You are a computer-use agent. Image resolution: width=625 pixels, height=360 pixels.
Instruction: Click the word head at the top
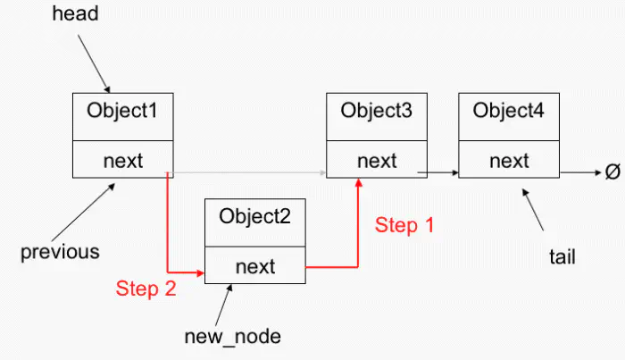click(77, 14)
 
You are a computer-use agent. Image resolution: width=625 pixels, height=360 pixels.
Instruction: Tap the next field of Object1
click(122, 161)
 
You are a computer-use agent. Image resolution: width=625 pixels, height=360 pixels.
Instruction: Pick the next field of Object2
click(255, 265)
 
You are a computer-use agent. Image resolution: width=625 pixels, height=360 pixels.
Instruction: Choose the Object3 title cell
click(376, 113)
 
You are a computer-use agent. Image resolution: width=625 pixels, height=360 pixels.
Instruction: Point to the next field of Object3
click(376, 161)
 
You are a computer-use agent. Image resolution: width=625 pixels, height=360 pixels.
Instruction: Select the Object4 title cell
click(509, 113)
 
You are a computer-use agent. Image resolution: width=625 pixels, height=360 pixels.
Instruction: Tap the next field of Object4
click(509, 161)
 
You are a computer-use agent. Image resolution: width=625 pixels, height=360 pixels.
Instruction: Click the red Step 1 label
click(404, 225)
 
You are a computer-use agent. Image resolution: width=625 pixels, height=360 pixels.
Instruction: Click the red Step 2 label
click(146, 288)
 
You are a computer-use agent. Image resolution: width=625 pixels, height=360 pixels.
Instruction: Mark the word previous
click(60, 252)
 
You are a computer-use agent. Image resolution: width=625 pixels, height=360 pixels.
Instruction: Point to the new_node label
click(232, 336)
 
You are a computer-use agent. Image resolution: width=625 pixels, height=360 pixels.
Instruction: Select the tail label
click(562, 257)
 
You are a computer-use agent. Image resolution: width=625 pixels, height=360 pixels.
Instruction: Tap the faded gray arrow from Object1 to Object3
click(250, 172)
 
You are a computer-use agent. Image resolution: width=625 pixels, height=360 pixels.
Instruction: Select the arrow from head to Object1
click(95, 62)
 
